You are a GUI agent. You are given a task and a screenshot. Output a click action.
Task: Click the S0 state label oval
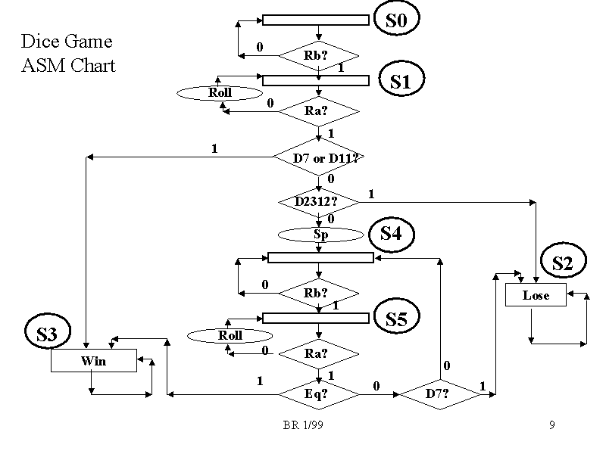coord(396,20)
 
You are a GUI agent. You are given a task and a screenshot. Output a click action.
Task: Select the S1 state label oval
coord(400,81)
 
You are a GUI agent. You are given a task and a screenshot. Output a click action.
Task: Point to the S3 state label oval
coord(47,334)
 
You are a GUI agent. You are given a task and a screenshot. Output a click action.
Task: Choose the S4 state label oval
coord(390,233)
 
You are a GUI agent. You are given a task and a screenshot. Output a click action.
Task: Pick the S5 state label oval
coord(396,319)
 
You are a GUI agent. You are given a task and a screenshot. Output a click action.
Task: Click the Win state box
coord(94,361)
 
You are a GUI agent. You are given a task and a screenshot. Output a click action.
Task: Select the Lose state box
coord(536,295)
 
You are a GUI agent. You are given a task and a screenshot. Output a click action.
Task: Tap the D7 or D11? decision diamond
coord(318,157)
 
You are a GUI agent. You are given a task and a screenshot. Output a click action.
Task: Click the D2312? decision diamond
coord(318,202)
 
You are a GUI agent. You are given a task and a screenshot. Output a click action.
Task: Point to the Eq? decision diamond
coord(318,394)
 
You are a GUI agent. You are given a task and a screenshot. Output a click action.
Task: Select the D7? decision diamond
coord(437,394)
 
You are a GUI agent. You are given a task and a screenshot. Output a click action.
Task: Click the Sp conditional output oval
coord(320,235)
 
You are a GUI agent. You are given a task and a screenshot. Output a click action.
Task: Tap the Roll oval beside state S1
coord(220,93)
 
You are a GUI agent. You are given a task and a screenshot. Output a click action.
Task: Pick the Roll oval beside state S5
coord(230,335)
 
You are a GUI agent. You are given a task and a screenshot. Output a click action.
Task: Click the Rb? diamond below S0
coord(318,55)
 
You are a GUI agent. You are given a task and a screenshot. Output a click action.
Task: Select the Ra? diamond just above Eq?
coord(318,353)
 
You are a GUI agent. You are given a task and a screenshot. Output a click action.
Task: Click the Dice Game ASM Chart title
coord(68,53)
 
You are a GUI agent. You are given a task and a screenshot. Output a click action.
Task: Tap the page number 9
coord(551,425)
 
